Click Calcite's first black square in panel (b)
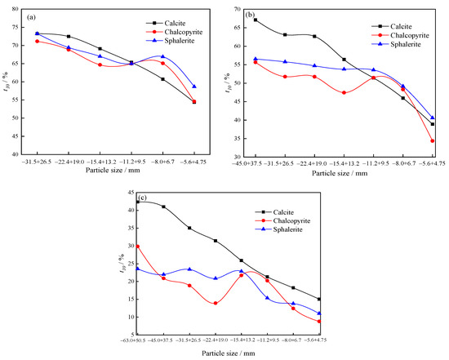(x=256, y=20)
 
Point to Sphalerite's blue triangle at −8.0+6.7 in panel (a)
(x=163, y=56)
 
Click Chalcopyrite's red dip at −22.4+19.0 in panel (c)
(x=216, y=303)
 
